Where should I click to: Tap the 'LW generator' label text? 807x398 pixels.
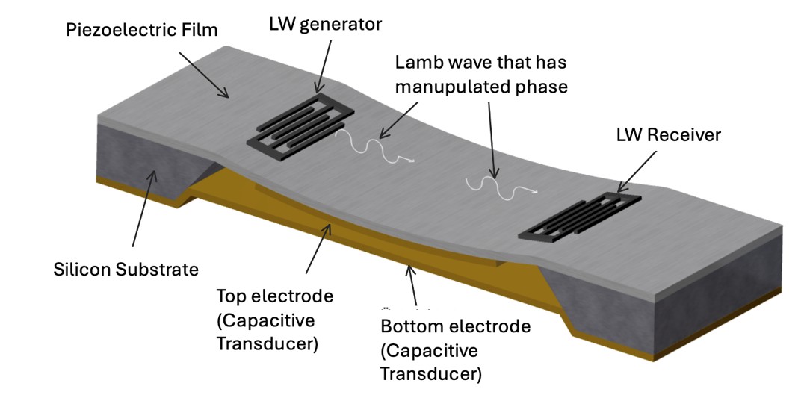click(325, 24)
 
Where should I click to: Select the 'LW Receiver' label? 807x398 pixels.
click(668, 134)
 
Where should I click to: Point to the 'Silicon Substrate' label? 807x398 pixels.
click(126, 268)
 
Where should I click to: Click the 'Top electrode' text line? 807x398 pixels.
click(274, 296)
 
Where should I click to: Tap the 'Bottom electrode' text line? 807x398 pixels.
click(455, 326)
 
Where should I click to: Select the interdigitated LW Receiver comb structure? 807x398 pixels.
click(579, 217)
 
